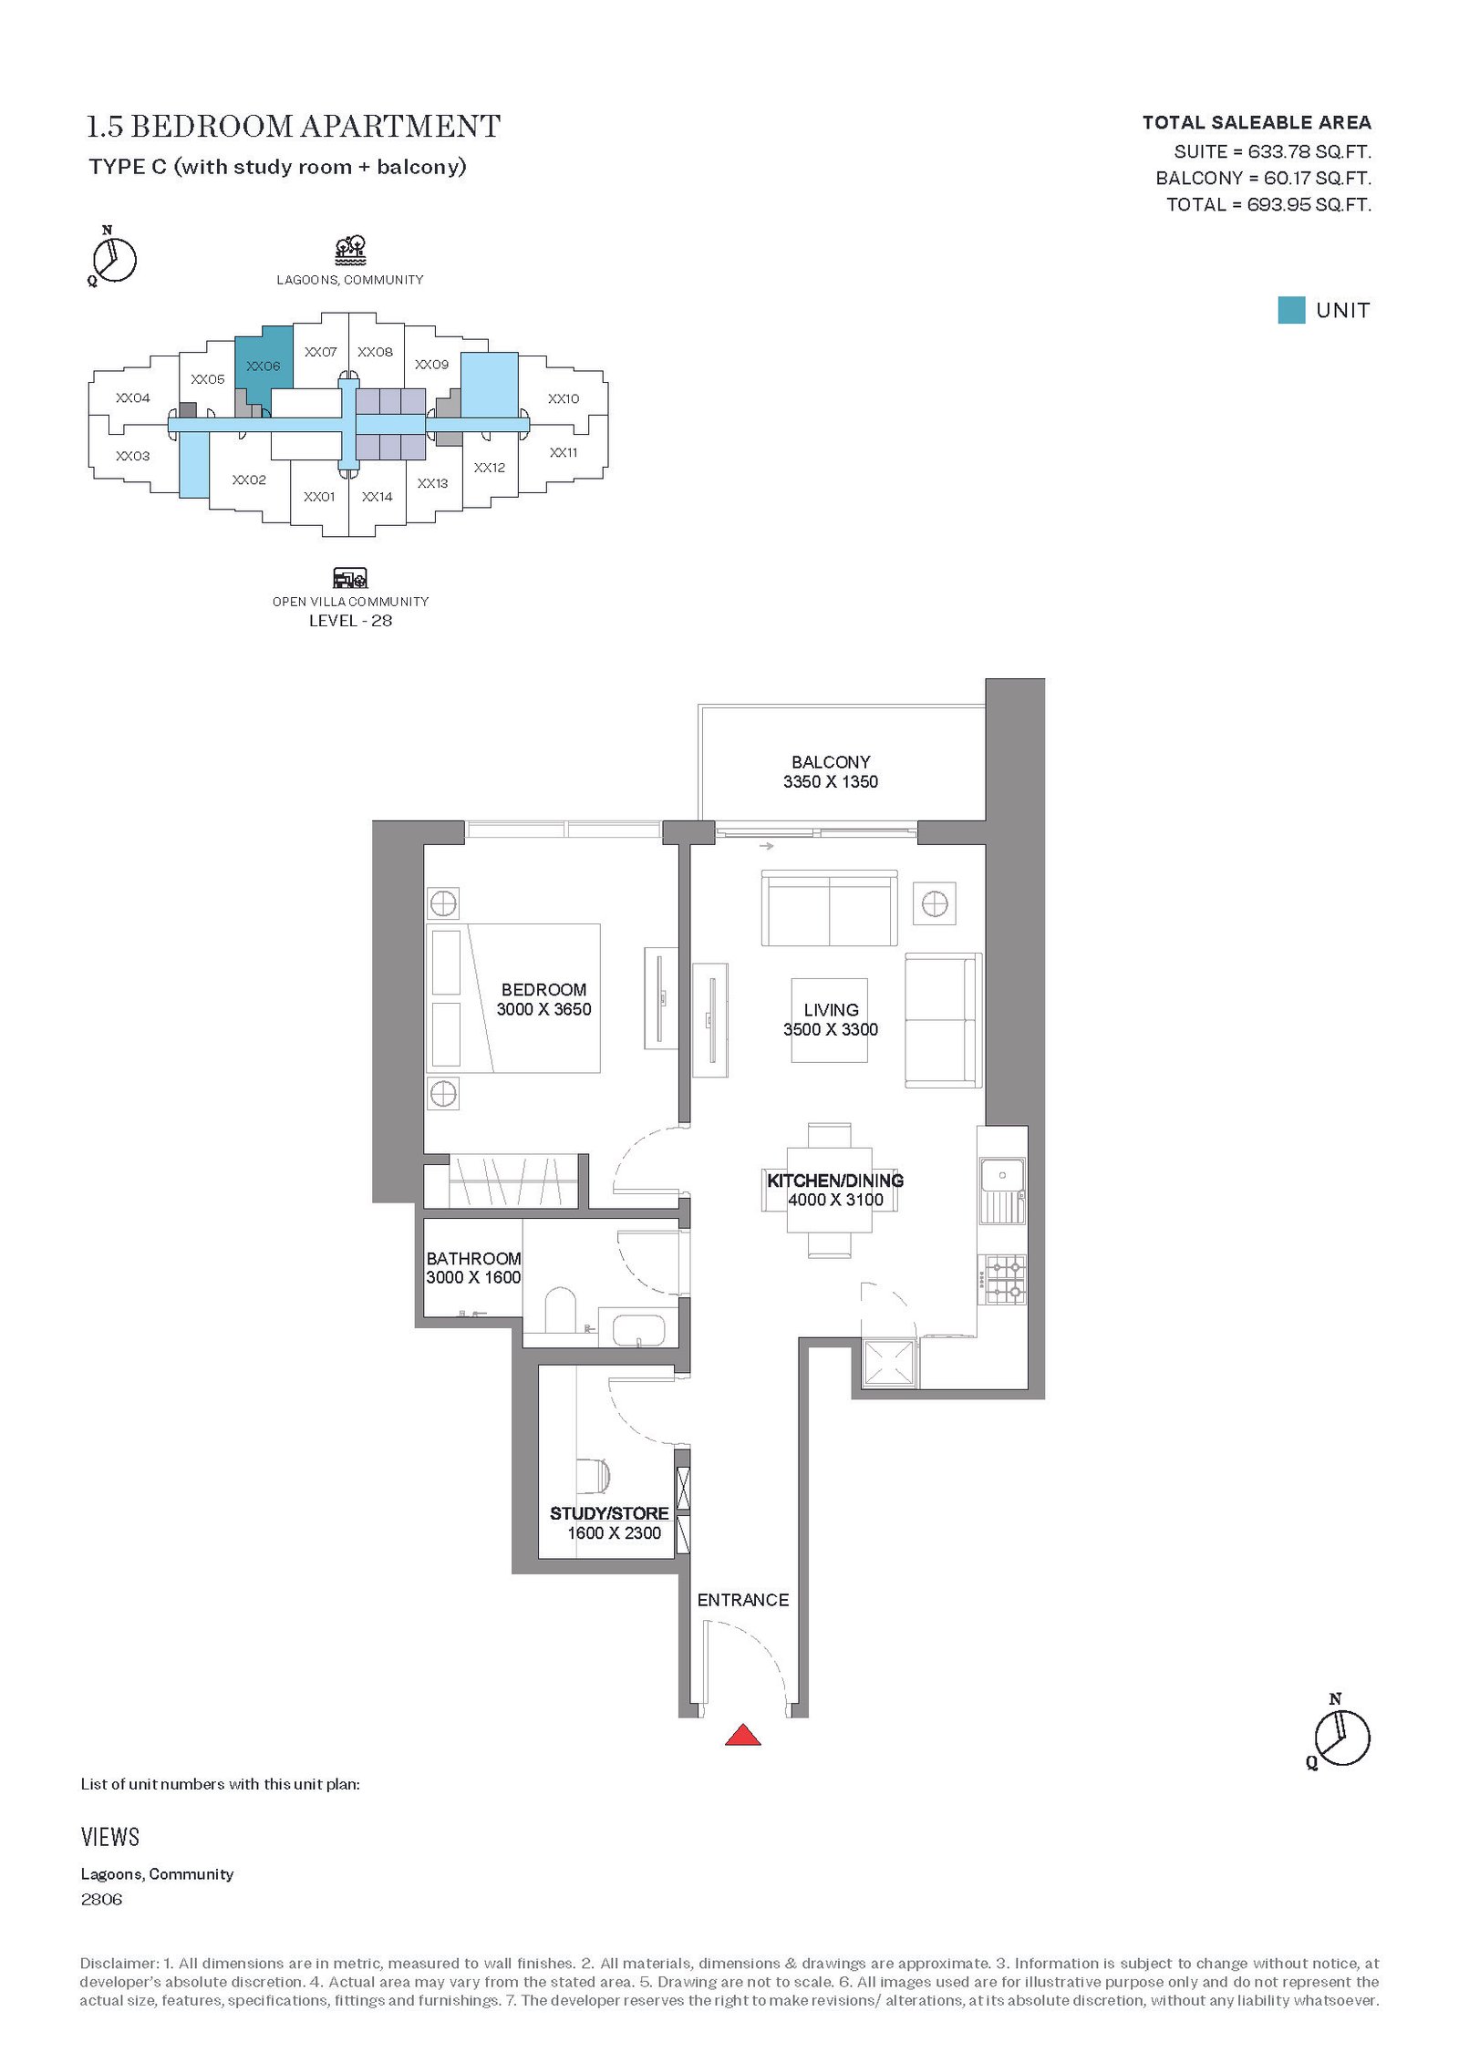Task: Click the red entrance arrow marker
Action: coord(742,1734)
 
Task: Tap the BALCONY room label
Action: coord(831,761)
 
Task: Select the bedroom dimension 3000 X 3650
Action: coord(543,1009)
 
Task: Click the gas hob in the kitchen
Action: coord(1002,1279)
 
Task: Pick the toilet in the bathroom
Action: coord(559,1311)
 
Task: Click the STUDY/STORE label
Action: coord(609,1513)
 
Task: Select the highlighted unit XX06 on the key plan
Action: coord(264,366)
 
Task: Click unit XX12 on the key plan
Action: coord(490,468)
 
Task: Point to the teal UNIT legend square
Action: coord(1291,310)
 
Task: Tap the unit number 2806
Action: coord(101,1900)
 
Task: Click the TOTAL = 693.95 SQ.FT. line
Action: coord(1268,204)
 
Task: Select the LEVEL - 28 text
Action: coord(350,621)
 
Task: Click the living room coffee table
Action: coord(829,1020)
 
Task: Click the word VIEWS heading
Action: coord(110,1837)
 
